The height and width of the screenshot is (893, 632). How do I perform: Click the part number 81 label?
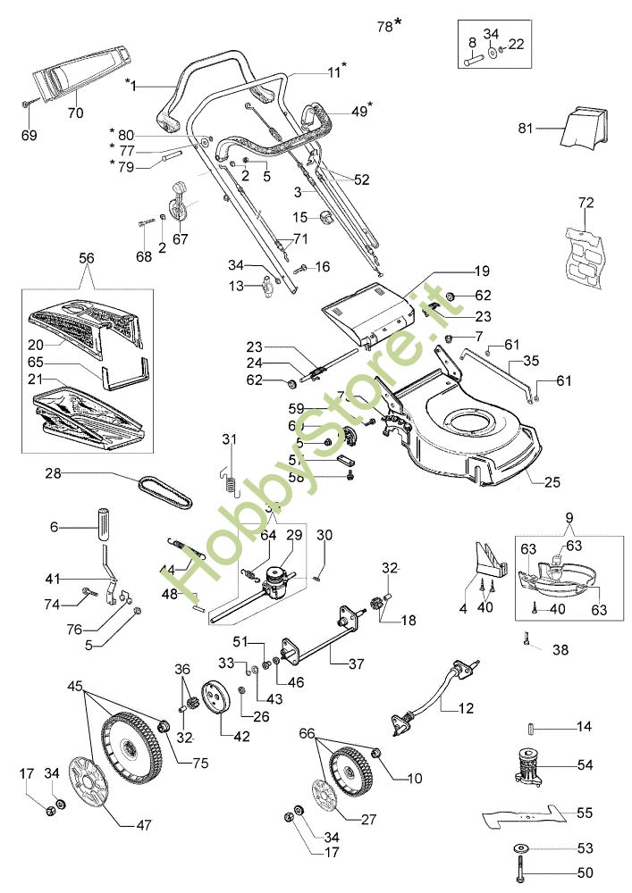525,129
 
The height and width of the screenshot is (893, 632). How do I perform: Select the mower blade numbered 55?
523,814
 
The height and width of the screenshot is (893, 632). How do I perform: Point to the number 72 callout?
586,204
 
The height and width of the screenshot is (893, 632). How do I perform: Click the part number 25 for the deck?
552,483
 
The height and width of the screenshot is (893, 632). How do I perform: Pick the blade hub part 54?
534,767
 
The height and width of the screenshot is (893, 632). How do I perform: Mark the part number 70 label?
75,113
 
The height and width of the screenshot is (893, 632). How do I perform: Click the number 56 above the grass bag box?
86,256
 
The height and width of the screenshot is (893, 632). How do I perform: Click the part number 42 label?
217,737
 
